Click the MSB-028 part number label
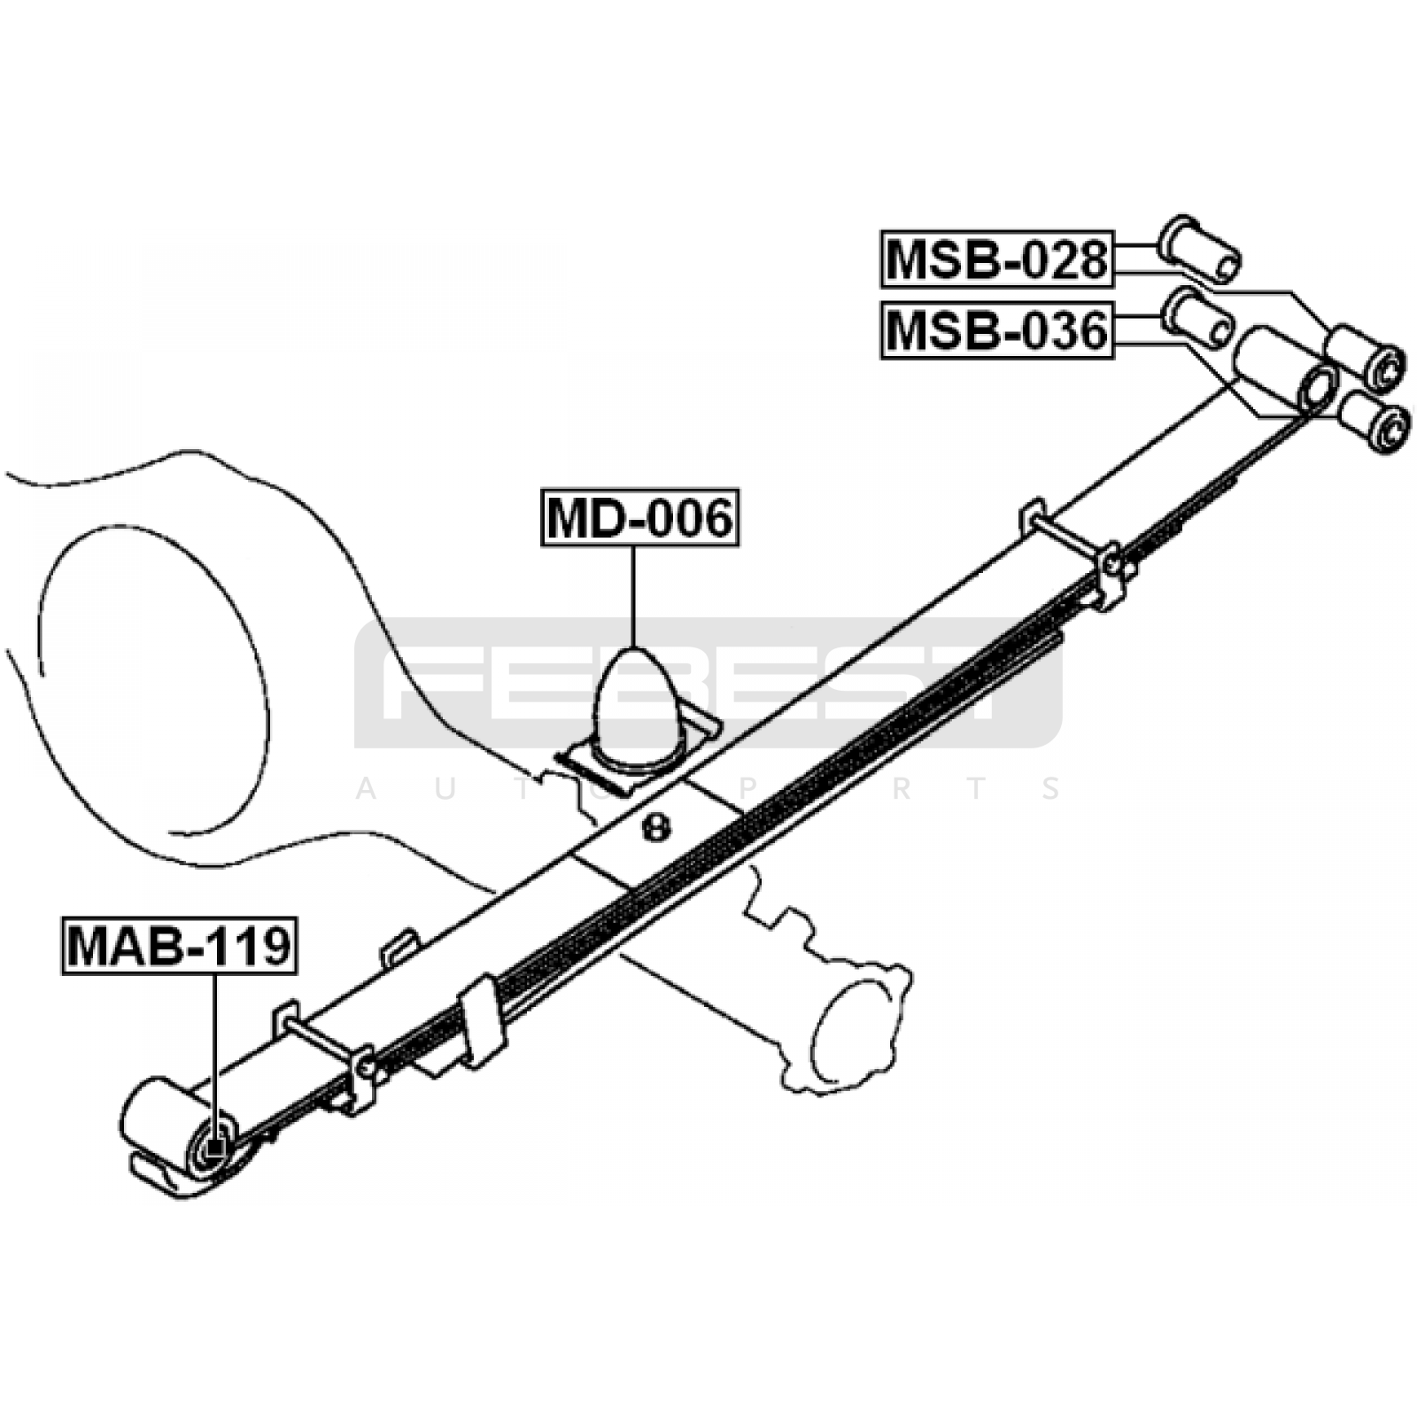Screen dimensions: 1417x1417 (x=996, y=259)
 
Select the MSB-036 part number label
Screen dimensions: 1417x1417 (x=996, y=330)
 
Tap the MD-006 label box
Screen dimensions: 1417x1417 (x=640, y=517)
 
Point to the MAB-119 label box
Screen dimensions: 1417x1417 (x=178, y=946)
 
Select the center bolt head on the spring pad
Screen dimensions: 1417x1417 (x=655, y=828)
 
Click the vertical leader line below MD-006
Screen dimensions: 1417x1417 (x=634, y=596)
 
